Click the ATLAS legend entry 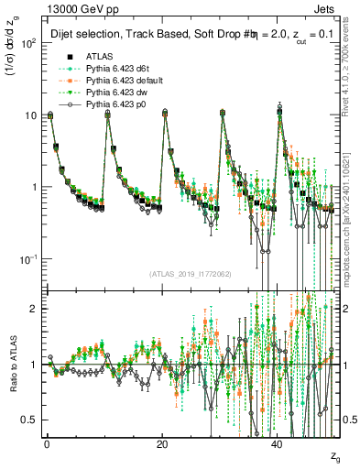99,57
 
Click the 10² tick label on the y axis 28,43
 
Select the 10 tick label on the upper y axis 30,115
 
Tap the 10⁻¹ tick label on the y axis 27,259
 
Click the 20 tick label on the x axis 161,442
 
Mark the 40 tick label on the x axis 277,442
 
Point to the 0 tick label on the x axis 47,442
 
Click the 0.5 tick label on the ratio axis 28,420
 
